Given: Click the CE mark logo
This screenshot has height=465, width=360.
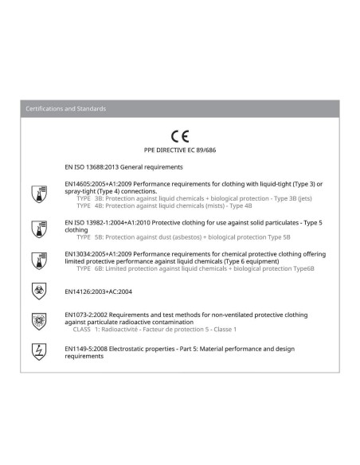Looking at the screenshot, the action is [179, 137].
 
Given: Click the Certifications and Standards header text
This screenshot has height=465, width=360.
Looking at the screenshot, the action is [65, 108].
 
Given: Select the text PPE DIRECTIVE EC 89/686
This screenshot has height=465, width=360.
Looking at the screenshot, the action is [179, 150].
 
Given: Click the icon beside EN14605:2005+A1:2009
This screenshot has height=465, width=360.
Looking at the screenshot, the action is [35, 191].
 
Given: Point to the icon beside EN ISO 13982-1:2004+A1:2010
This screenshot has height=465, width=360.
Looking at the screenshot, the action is [35, 226].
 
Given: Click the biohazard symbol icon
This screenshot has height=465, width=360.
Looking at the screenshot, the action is [35, 291].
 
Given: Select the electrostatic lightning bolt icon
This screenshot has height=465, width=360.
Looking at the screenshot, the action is [35, 350].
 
